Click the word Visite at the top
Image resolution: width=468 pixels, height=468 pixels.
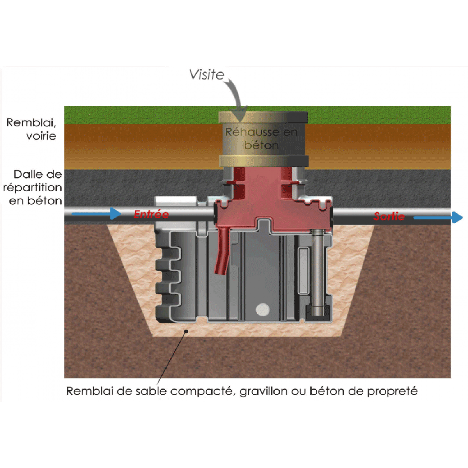pos(207,74)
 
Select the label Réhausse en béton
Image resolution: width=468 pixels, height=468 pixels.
pos(262,138)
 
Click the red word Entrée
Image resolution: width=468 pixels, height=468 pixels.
pos(151,214)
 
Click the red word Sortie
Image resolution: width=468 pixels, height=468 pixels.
pos(389,216)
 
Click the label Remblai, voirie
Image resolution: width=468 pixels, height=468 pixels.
pos(32,129)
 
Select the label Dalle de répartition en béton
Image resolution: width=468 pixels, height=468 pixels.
pos(33,187)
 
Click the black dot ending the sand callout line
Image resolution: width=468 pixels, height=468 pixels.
pos(186,331)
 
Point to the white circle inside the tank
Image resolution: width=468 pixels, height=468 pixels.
pos(262,310)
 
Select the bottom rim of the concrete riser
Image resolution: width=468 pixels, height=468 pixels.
pos(264,161)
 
